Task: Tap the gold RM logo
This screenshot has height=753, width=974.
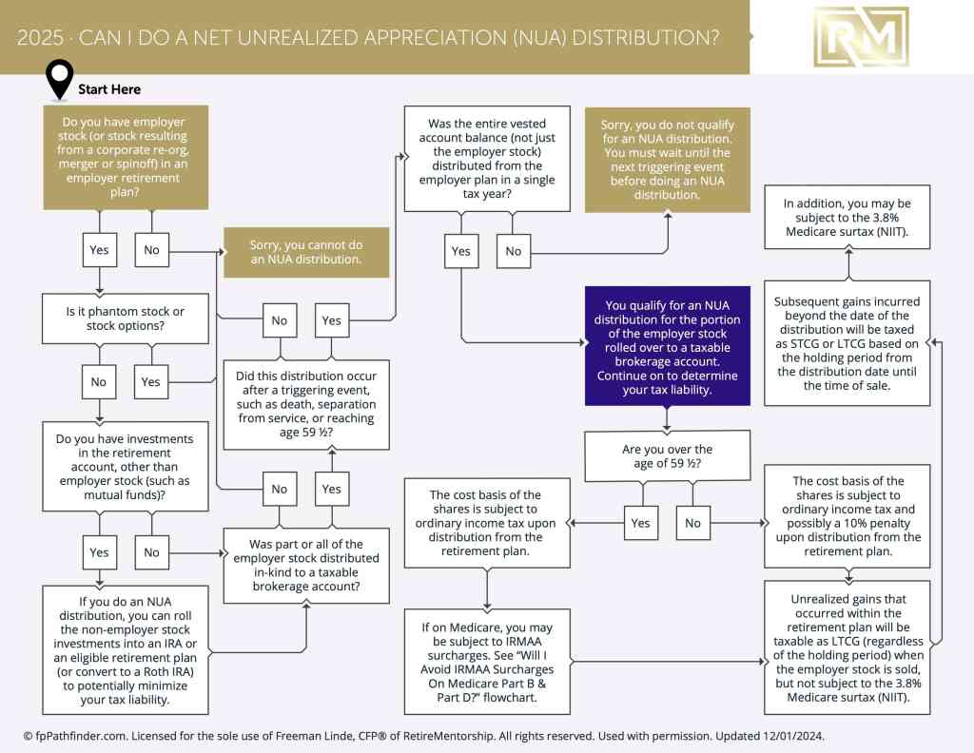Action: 861,37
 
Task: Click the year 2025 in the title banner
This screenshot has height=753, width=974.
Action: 40,38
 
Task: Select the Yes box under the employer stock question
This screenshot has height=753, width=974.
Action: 99,249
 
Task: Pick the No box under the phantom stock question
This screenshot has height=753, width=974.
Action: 99,382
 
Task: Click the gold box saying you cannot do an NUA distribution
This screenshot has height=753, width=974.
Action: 306,252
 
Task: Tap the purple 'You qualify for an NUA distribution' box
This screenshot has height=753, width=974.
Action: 667,346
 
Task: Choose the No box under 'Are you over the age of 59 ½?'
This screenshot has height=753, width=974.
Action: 693,523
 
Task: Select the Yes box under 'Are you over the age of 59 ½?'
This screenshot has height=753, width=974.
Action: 641,523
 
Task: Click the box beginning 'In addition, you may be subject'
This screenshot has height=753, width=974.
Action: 847,218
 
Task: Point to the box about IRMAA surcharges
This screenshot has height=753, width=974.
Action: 487,662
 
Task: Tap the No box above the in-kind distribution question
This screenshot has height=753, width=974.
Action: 280,490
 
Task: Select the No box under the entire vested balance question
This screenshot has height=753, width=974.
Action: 513,251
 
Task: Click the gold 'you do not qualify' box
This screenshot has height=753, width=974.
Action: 667,160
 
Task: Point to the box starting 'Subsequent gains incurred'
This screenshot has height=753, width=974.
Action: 847,343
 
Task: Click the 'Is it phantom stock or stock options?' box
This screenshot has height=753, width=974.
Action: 126,319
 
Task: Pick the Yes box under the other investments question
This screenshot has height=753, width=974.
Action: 99,551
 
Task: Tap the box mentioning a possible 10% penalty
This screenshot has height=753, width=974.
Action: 847,516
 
